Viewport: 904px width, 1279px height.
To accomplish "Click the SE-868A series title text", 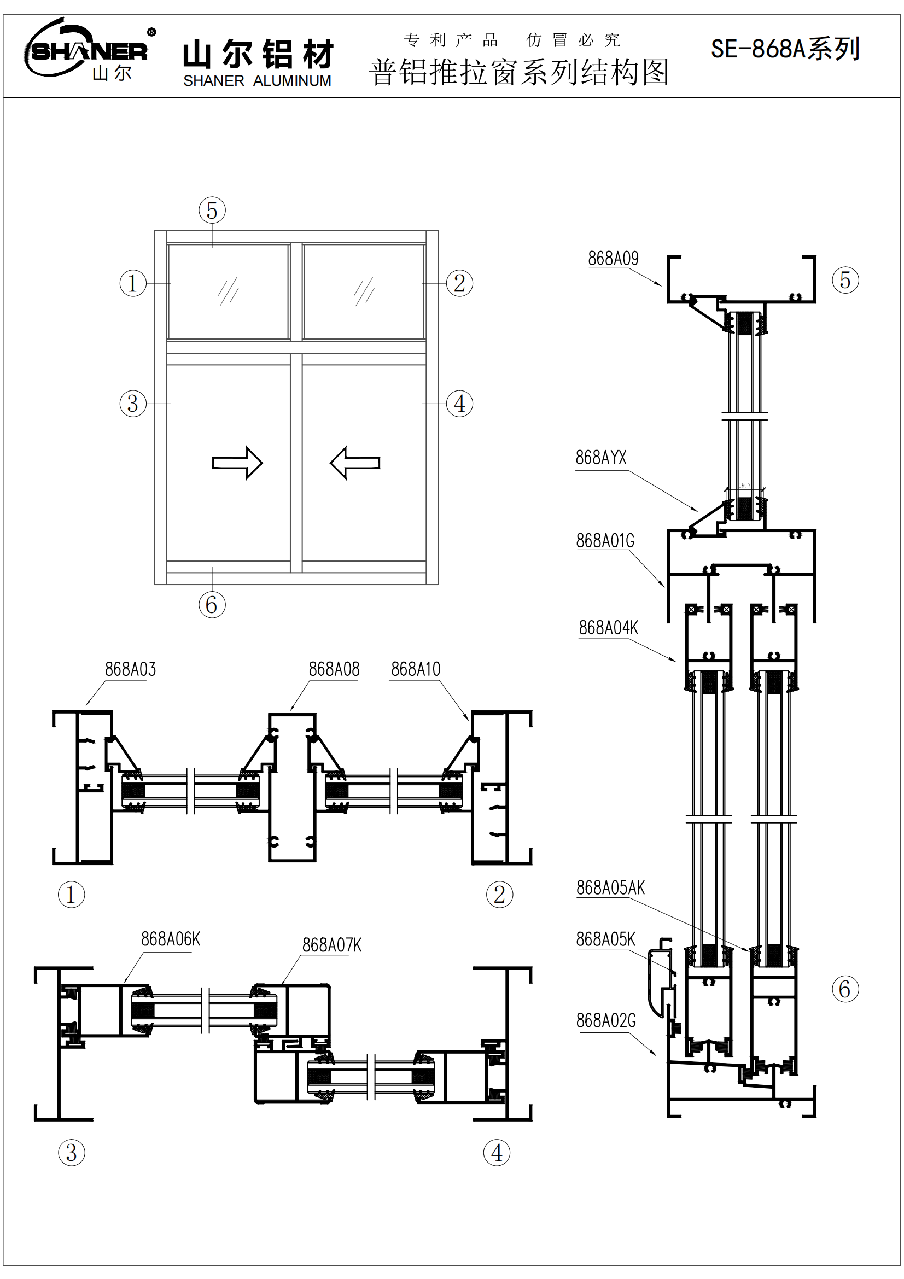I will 785,49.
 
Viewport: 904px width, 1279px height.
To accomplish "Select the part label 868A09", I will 613,259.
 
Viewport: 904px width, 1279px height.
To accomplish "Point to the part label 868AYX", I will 600,458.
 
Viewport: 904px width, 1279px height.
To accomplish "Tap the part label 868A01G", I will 605,541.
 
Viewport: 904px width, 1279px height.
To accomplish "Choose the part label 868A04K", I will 608,628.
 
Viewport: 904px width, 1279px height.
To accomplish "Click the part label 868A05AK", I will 610,888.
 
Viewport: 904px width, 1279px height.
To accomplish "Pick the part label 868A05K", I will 605,940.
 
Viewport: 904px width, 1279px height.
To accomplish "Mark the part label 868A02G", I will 606,1021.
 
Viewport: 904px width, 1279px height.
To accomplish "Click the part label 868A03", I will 130,669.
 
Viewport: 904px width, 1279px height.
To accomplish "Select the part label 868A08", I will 334,669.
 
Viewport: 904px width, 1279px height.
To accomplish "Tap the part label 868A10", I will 416,669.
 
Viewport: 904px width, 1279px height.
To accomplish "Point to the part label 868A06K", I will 171,939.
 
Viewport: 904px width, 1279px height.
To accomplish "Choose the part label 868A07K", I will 332,945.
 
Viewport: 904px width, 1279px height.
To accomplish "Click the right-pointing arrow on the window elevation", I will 237,463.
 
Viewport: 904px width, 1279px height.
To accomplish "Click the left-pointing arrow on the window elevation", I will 355,463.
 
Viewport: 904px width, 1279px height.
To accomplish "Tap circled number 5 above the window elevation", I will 212,211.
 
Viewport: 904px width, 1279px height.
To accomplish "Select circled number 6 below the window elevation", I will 212,605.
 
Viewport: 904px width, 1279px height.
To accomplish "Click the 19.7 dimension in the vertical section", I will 745,485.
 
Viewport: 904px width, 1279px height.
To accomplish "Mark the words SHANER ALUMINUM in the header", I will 258,81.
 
